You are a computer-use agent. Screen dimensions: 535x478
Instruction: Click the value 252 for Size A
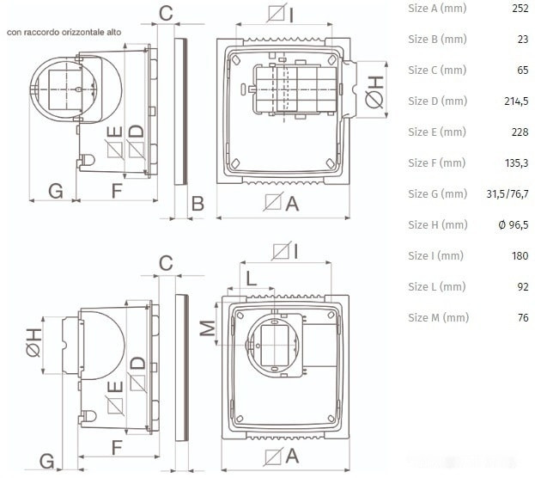click(x=520, y=9)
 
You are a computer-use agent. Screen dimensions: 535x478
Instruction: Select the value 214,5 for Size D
click(x=516, y=101)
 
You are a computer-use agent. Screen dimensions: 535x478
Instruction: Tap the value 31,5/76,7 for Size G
click(x=508, y=194)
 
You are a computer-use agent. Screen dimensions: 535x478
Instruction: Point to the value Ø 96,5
click(x=514, y=225)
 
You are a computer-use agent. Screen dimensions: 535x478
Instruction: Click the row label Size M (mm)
click(x=439, y=318)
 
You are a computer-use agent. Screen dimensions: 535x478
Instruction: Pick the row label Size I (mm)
click(x=435, y=256)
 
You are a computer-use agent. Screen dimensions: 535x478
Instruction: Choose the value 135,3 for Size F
click(x=517, y=163)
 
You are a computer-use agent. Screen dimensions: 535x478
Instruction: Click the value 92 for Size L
click(x=523, y=286)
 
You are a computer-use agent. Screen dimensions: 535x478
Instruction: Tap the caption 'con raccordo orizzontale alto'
click(x=64, y=33)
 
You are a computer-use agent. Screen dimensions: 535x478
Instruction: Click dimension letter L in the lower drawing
click(x=251, y=279)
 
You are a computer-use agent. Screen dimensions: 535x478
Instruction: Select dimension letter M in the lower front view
click(x=208, y=328)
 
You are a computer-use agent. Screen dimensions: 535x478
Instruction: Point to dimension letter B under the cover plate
click(x=198, y=204)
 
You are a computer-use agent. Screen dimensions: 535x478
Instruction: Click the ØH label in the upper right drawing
click(x=374, y=92)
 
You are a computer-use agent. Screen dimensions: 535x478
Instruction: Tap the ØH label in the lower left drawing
click(x=33, y=343)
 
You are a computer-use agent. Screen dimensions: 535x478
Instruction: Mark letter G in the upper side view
click(x=56, y=191)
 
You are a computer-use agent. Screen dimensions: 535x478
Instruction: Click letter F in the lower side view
click(x=117, y=448)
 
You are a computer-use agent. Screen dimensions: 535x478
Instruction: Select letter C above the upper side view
click(x=166, y=14)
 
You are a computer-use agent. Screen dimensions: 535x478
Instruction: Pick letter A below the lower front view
click(x=292, y=457)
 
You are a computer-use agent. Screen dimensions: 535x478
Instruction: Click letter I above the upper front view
click(x=291, y=15)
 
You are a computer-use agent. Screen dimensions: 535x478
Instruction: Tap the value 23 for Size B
click(x=523, y=40)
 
